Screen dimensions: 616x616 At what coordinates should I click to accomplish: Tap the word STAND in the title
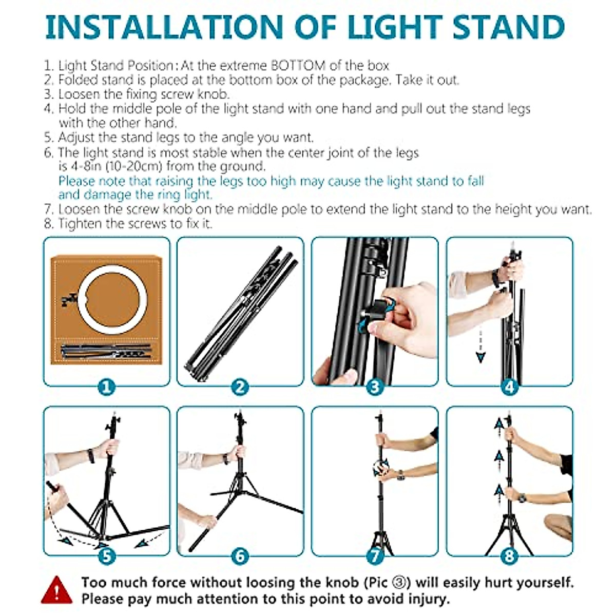tap(508, 27)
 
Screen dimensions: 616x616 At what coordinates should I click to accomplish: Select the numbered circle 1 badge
tap(106, 386)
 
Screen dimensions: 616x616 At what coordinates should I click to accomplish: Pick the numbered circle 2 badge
tap(240, 386)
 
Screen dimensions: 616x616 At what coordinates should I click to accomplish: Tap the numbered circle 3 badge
tap(375, 386)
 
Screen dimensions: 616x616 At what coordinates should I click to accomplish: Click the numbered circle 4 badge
tap(509, 386)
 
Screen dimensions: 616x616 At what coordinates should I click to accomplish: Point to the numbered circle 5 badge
tap(106, 555)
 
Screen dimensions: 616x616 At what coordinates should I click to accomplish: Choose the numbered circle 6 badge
tap(240, 555)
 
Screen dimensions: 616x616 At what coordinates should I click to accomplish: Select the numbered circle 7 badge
tap(375, 555)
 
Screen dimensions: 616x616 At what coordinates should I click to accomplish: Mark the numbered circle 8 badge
tap(509, 555)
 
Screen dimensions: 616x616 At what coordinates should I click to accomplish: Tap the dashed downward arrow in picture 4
tap(480, 346)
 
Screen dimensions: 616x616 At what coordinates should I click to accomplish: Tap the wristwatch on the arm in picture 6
tap(225, 458)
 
